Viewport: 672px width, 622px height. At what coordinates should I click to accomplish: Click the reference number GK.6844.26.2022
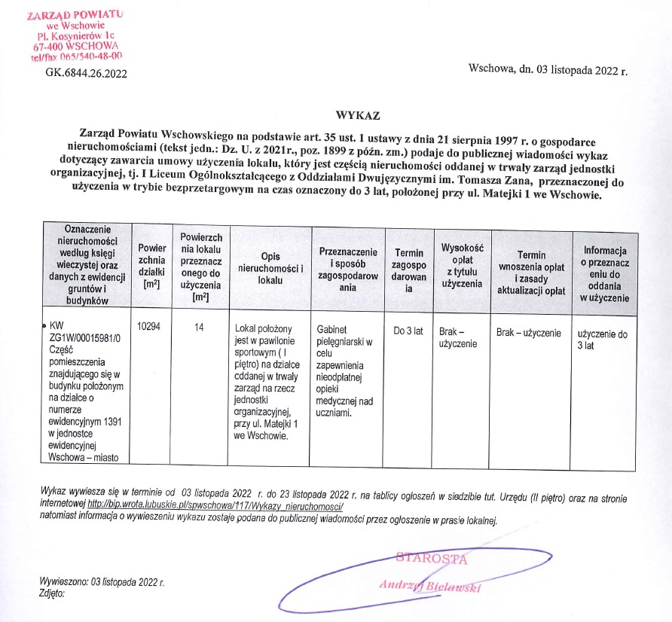pyautogui.click(x=86, y=74)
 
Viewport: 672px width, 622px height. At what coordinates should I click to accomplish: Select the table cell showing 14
pyautogui.click(x=200, y=329)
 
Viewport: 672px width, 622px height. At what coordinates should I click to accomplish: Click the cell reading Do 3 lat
pyautogui.click(x=408, y=331)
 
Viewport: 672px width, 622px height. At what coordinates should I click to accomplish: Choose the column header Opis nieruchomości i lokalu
pyautogui.click(x=270, y=268)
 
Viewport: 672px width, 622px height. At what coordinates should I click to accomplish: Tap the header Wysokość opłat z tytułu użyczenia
pyautogui.click(x=462, y=265)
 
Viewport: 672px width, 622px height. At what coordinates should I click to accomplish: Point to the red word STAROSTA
pyautogui.click(x=432, y=559)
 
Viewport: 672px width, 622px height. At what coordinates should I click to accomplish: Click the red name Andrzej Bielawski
pyautogui.click(x=429, y=586)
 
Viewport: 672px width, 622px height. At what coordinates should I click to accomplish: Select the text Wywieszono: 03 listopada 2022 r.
pyautogui.click(x=102, y=582)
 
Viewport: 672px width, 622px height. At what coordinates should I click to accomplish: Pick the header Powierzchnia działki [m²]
pyautogui.click(x=152, y=267)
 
